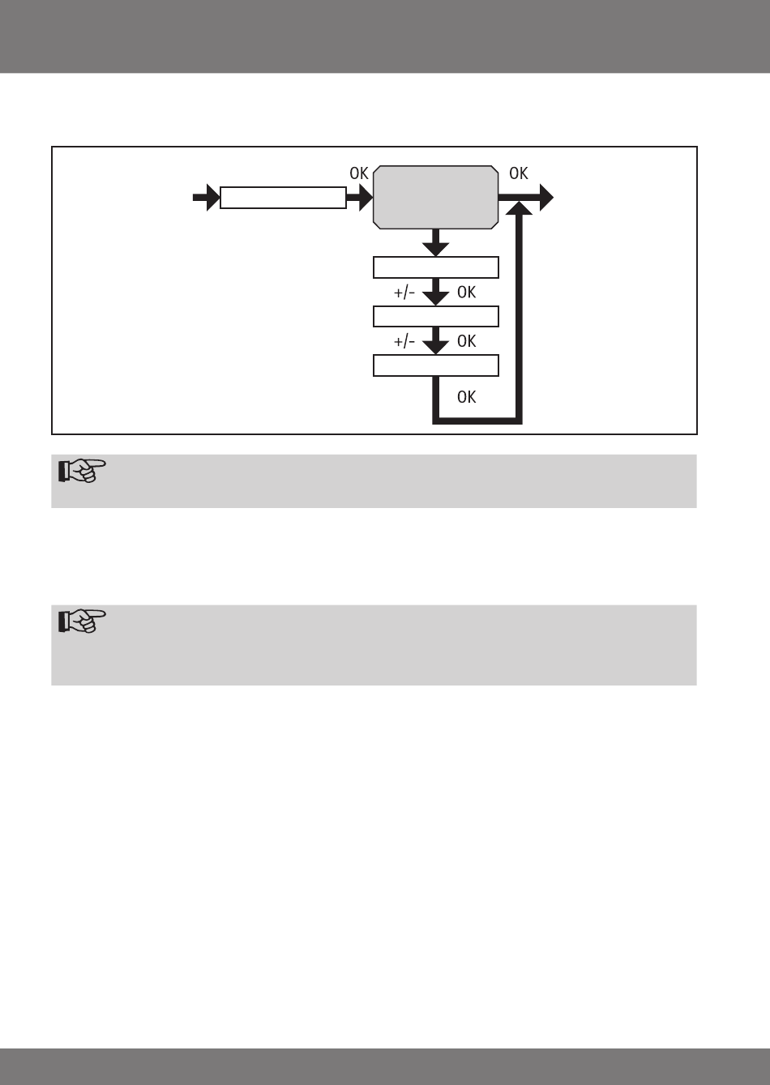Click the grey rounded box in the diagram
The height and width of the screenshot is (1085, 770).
pos(435,197)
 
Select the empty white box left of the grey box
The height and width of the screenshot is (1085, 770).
pos(283,198)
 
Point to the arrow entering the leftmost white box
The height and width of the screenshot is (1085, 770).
pos(206,198)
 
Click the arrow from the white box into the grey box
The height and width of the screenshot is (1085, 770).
pos(359,198)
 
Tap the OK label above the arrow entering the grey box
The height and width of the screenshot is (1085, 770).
pos(359,173)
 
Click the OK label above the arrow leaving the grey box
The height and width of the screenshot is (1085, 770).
pos(519,173)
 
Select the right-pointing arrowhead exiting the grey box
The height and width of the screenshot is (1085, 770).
pos(545,197)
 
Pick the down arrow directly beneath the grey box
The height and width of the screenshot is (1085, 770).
pos(436,241)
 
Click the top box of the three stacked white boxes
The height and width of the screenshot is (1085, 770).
pos(435,267)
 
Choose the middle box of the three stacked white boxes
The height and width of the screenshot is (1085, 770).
pos(435,316)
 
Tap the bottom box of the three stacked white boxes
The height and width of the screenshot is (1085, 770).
pos(435,365)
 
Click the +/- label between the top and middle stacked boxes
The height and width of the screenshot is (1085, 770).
pos(404,293)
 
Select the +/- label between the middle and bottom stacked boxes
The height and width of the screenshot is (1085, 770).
pos(404,341)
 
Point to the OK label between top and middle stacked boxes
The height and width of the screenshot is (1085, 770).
pos(467,293)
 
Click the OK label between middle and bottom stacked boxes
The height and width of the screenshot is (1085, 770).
pos(467,341)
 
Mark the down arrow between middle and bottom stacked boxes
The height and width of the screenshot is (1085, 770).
pos(436,341)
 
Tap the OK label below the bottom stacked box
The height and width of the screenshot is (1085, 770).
pos(467,397)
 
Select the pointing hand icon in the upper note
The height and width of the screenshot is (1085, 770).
pos(81,472)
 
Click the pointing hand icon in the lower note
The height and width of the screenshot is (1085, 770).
pos(81,622)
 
